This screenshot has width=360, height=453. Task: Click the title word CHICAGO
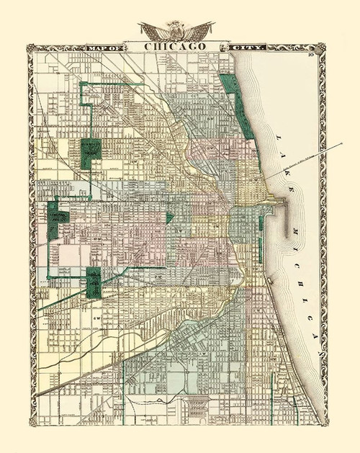175,46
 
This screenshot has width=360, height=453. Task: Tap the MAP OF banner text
105,48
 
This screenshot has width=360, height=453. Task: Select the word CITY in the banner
247,48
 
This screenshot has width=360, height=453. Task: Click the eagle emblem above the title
176,30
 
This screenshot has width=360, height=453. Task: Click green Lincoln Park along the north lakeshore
238,101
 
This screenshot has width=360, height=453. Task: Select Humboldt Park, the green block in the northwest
90,153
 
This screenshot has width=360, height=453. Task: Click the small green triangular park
169,217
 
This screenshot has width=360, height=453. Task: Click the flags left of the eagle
153,31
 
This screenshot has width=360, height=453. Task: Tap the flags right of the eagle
200,31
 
